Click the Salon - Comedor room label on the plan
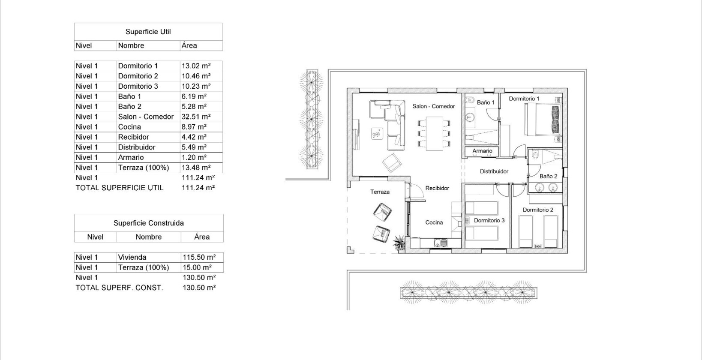point(433,106)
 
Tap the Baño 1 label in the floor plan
point(486,102)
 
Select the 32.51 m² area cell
point(196,117)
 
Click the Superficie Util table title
point(148,32)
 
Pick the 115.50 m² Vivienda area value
point(199,257)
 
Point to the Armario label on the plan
point(482,151)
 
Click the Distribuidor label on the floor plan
point(494,171)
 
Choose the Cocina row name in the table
point(129,127)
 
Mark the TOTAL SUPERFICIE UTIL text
point(120,188)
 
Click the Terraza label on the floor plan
point(380,192)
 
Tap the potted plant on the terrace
point(399,243)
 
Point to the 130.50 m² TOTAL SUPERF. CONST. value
point(199,288)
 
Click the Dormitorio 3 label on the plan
point(489,220)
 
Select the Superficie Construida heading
point(148,223)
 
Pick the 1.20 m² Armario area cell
point(194,157)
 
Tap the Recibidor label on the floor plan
point(437,188)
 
